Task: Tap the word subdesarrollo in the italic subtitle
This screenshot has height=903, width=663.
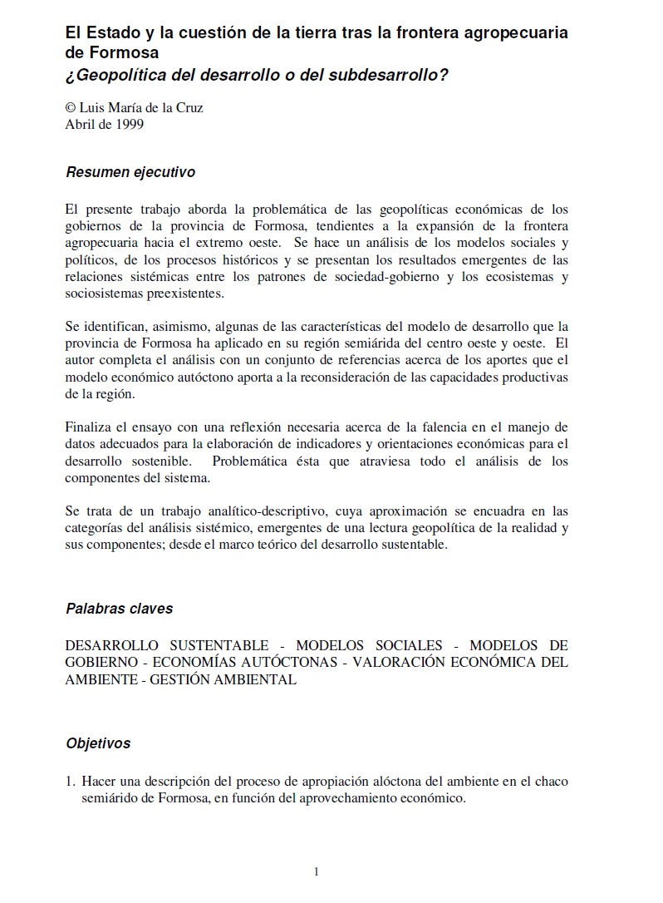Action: (390, 75)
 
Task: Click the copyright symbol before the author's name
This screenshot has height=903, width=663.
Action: (70, 108)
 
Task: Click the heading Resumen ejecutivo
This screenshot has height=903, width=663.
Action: (130, 173)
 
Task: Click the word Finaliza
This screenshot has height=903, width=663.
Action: (89, 428)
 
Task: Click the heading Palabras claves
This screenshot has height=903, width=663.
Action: (119, 608)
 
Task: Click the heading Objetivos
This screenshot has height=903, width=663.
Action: (98, 743)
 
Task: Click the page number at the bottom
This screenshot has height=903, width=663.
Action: (317, 871)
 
